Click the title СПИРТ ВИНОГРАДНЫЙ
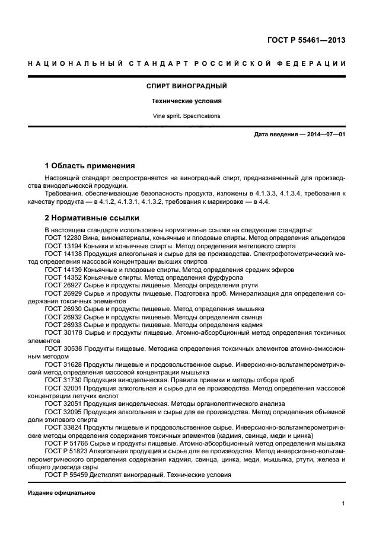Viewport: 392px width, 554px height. pos(187,87)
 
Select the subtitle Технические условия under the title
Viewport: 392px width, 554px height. pos(187,101)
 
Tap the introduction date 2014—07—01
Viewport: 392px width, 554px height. pos(325,135)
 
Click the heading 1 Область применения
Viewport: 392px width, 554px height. pos(90,165)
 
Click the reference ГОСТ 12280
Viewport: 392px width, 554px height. pos(63,238)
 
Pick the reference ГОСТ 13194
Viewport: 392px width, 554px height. pos(63,245)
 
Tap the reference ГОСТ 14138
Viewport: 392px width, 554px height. pos(63,254)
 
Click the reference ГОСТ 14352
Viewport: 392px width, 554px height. pos(63,277)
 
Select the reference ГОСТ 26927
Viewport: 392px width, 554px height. pos(63,285)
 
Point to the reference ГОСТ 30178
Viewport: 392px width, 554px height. pos(63,333)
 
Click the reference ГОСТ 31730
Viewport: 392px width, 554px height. pos(63,380)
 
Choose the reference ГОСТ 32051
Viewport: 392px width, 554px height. pos(63,404)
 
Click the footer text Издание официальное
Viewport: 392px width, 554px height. pos(62,492)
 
